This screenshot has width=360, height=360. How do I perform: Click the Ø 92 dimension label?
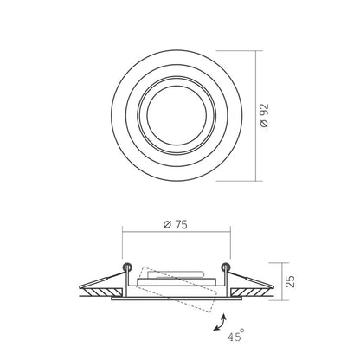point(264,115)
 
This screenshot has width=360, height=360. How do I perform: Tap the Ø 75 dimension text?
point(175,224)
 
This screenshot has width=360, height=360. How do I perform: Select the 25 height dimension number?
point(292,281)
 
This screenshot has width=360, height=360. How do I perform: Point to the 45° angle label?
point(236,335)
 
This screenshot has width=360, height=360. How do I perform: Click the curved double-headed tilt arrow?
point(220,323)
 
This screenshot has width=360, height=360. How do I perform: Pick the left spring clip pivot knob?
point(126,267)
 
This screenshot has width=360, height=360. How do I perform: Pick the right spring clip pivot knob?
point(226,267)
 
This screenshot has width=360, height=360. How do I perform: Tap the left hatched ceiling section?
point(101,292)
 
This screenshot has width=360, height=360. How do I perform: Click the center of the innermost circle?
point(177,115)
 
